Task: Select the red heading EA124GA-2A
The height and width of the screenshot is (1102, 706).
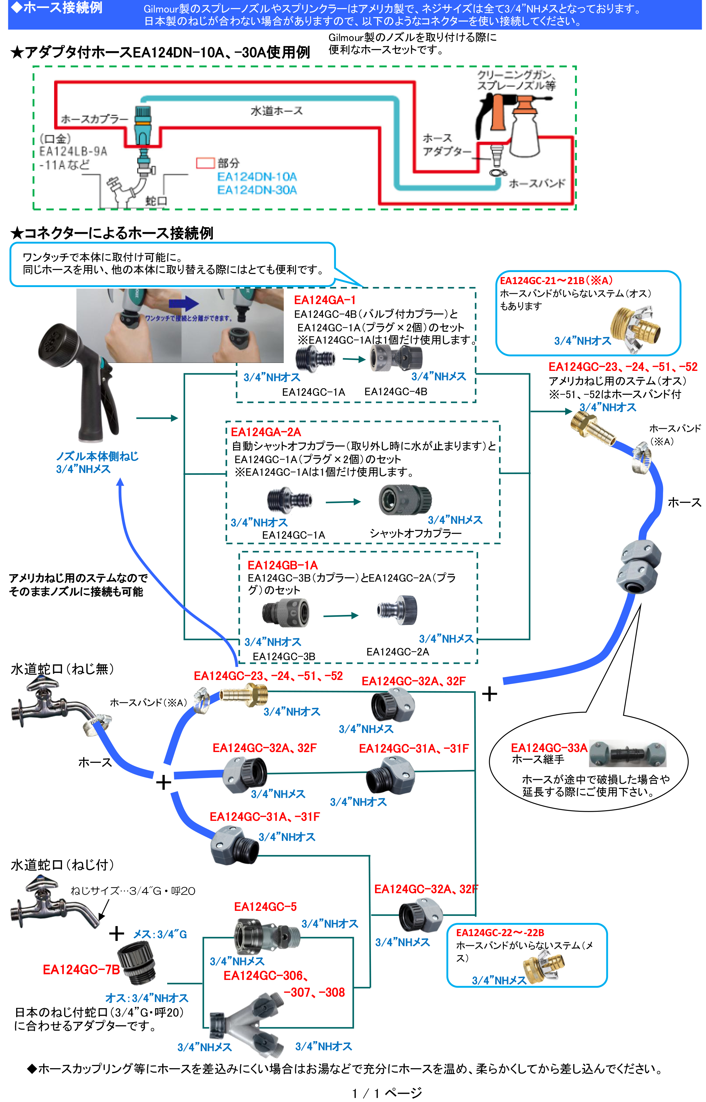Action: (266, 432)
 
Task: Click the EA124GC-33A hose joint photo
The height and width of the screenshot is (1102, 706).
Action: (627, 753)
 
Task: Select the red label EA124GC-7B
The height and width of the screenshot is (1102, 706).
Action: (81, 969)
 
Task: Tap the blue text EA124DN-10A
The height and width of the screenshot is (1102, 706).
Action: (257, 176)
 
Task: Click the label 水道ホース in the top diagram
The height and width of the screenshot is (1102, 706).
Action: (277, 111)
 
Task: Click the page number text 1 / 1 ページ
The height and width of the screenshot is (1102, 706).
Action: (387, 1093)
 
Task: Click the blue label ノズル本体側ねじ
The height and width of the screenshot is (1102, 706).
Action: (97, 456)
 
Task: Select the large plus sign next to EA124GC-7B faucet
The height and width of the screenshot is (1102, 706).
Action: (116, 933)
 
